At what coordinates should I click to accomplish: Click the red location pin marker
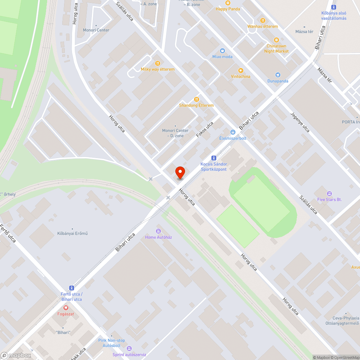[180, 172]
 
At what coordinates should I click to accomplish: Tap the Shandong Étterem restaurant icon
[196, 99]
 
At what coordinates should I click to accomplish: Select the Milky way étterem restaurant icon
[157, 63]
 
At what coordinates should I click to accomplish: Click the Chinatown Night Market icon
[276, 40]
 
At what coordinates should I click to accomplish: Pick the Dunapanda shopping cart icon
[278, 75]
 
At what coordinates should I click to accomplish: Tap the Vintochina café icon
[240, 71]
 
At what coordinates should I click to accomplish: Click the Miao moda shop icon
[222, 51]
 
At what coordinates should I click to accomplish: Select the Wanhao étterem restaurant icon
[262, 21]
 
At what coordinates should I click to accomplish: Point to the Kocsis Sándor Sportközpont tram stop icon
[214, 158]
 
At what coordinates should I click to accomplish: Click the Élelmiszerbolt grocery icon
[233, 132]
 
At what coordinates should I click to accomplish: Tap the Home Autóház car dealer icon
[158, 231]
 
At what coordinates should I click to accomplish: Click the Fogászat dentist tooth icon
[66, 307]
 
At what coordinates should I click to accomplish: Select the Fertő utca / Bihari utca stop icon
[71, 288]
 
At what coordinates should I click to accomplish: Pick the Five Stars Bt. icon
[329, 193]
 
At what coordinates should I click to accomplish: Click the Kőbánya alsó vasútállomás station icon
[334, 7]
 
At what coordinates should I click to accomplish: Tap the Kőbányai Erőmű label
[72, 233]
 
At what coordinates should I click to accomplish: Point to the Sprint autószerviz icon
[129, 348]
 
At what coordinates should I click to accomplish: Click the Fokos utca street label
[205, 129]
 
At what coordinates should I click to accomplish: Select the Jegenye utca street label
[300, 123]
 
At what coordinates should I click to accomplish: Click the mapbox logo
[16, 355]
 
